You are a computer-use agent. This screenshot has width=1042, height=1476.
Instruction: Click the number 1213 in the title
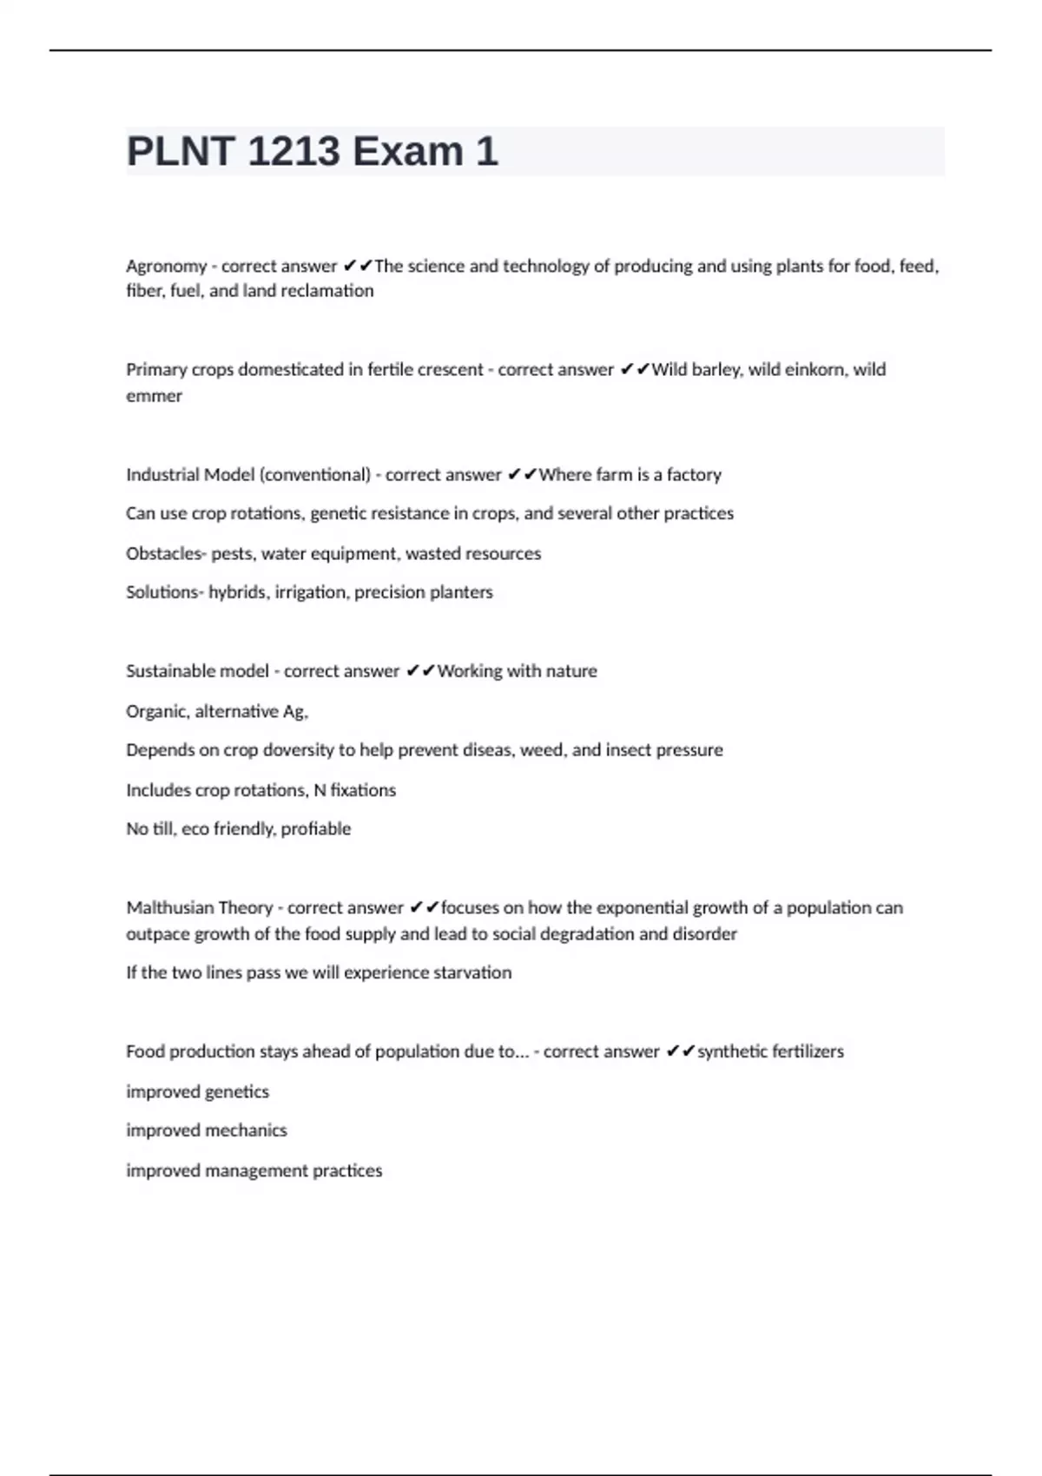[293, 152]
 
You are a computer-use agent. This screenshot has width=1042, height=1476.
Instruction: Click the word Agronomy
[167, 267]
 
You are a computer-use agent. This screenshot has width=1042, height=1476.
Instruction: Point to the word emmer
[154, 396]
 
